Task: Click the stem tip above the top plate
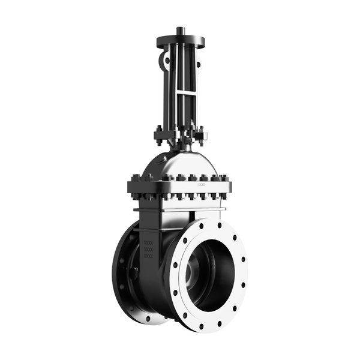coord(180,30)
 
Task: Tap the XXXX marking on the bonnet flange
coord(200,185)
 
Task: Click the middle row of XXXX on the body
coord(149,250)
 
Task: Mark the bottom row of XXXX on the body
coord(149,256)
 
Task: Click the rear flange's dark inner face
coord(124,264)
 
